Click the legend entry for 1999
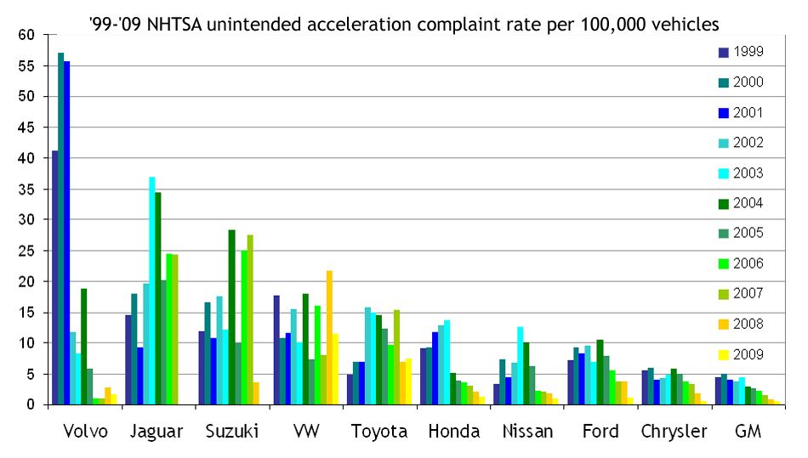pyautogui.click(x=741, y=52)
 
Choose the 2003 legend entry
pyautogui.click(x=741, y=173)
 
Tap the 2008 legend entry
pyautogui.click(x=741, y=324)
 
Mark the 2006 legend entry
pyautogui.click(x=741, y=263)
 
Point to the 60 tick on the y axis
pyautogui.click(x=29, y=35)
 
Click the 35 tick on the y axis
pyautogui.click(x=29, y=189)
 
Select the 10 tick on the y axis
pyautogui.click(x=29, y=343)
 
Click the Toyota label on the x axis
pyautogui.click(x=379, y=432)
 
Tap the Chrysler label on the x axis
pyautogui.click(x=674, y=432)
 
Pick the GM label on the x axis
pyautogui.click(x=748, y=432)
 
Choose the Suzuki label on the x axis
pyautogui.click(x=232, y=432)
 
